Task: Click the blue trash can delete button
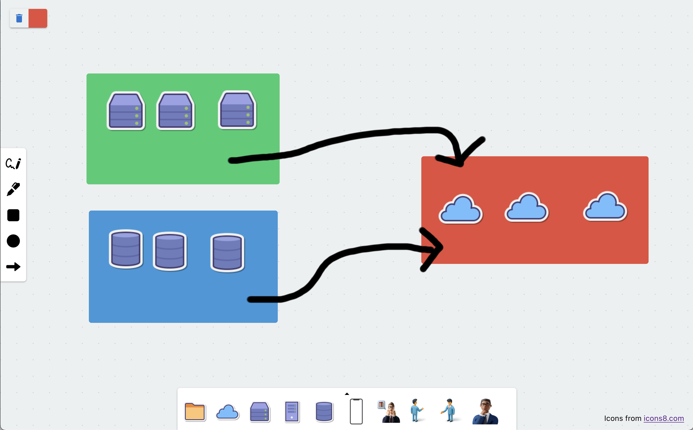(x=19, y=18)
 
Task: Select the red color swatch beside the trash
(x=38, y=18)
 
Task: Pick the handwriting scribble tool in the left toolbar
(x=13, y=164)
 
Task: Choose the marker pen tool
(x=13, y=189)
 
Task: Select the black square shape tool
(x=13, y=215)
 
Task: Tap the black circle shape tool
(x=13, y=241)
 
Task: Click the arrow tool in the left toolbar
(x=13, y=267)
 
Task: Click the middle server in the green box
(x=175, y=111)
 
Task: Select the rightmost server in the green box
(x=237, y=110)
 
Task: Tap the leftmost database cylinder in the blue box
(x=126, y=249)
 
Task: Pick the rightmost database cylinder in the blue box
(x=227, y=252)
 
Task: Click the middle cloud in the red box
(x=527, y=208)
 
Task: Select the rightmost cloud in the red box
(x=605, y=207)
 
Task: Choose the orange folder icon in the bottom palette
(x=195, y=412)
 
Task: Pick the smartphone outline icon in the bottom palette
(x=356, y=412)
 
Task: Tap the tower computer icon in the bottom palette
(x=292, y=412)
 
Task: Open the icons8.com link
(x=664, y=418)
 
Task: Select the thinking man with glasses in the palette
(x=485, y=412)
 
